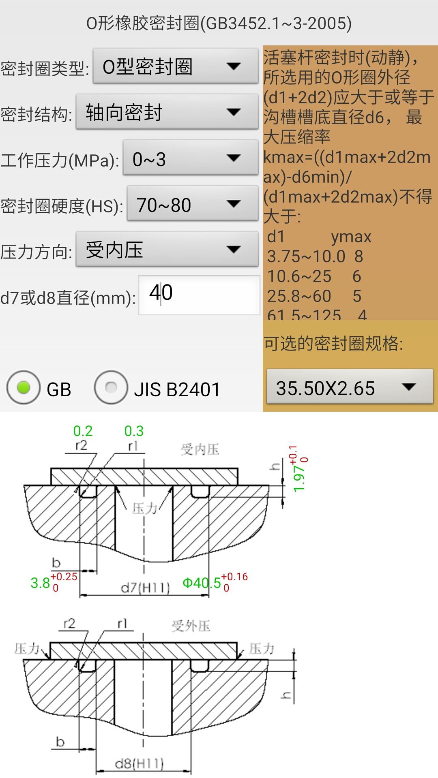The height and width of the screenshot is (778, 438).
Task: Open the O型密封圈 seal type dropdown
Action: point(175,66)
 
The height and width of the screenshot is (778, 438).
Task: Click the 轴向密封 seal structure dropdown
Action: point(167,112)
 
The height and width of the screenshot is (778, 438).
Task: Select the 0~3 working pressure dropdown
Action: point(190,158)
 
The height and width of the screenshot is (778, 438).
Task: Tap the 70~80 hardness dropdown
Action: point(192,204)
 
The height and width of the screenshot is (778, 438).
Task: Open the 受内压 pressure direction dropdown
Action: point(167,250)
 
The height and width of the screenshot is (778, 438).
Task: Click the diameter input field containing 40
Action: point(199,295)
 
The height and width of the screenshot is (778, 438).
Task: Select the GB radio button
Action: point(24,388)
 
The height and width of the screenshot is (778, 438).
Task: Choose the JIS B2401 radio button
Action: point(111,388)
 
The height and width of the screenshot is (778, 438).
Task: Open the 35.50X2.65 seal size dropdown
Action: point(350,387)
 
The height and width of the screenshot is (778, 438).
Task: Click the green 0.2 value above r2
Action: point(83,431)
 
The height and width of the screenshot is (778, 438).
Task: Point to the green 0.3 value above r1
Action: point(134,431)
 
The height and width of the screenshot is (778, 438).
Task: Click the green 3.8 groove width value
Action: point(40,583)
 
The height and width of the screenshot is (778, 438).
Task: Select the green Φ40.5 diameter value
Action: point(202,583)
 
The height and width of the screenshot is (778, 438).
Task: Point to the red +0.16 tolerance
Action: point(234,577)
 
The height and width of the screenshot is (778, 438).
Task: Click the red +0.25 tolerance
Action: point(64,577)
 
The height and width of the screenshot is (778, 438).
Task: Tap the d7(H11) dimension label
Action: point(145,587)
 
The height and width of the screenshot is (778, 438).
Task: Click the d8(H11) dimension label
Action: point(139,764)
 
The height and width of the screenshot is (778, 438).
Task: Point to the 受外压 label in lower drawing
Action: point(191,626)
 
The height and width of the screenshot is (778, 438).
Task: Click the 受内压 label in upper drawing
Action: point(200,449)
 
